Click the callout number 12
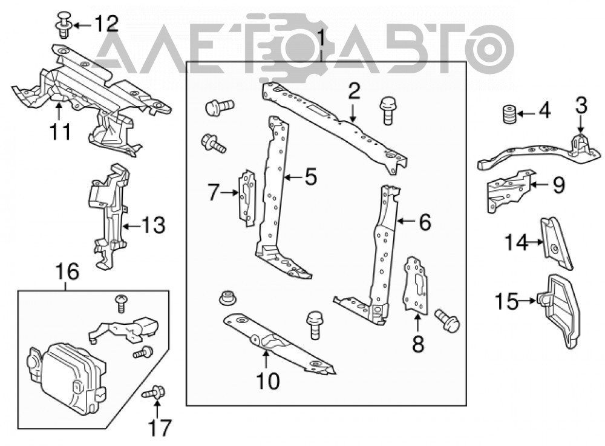pos(106,24)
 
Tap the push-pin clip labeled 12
pos(63,25)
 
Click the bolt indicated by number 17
pos(154,393)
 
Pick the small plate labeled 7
pos(247,198)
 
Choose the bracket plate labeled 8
pos(415,284)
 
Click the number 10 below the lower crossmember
pos(268,381)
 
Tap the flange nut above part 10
pos(227,299)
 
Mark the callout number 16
pos(68,271)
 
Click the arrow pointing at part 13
pos(131,225)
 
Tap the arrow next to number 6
pos(405,221)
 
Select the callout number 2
pos(353,92)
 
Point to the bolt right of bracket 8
pos(447,320)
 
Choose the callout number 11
pos(60,131)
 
